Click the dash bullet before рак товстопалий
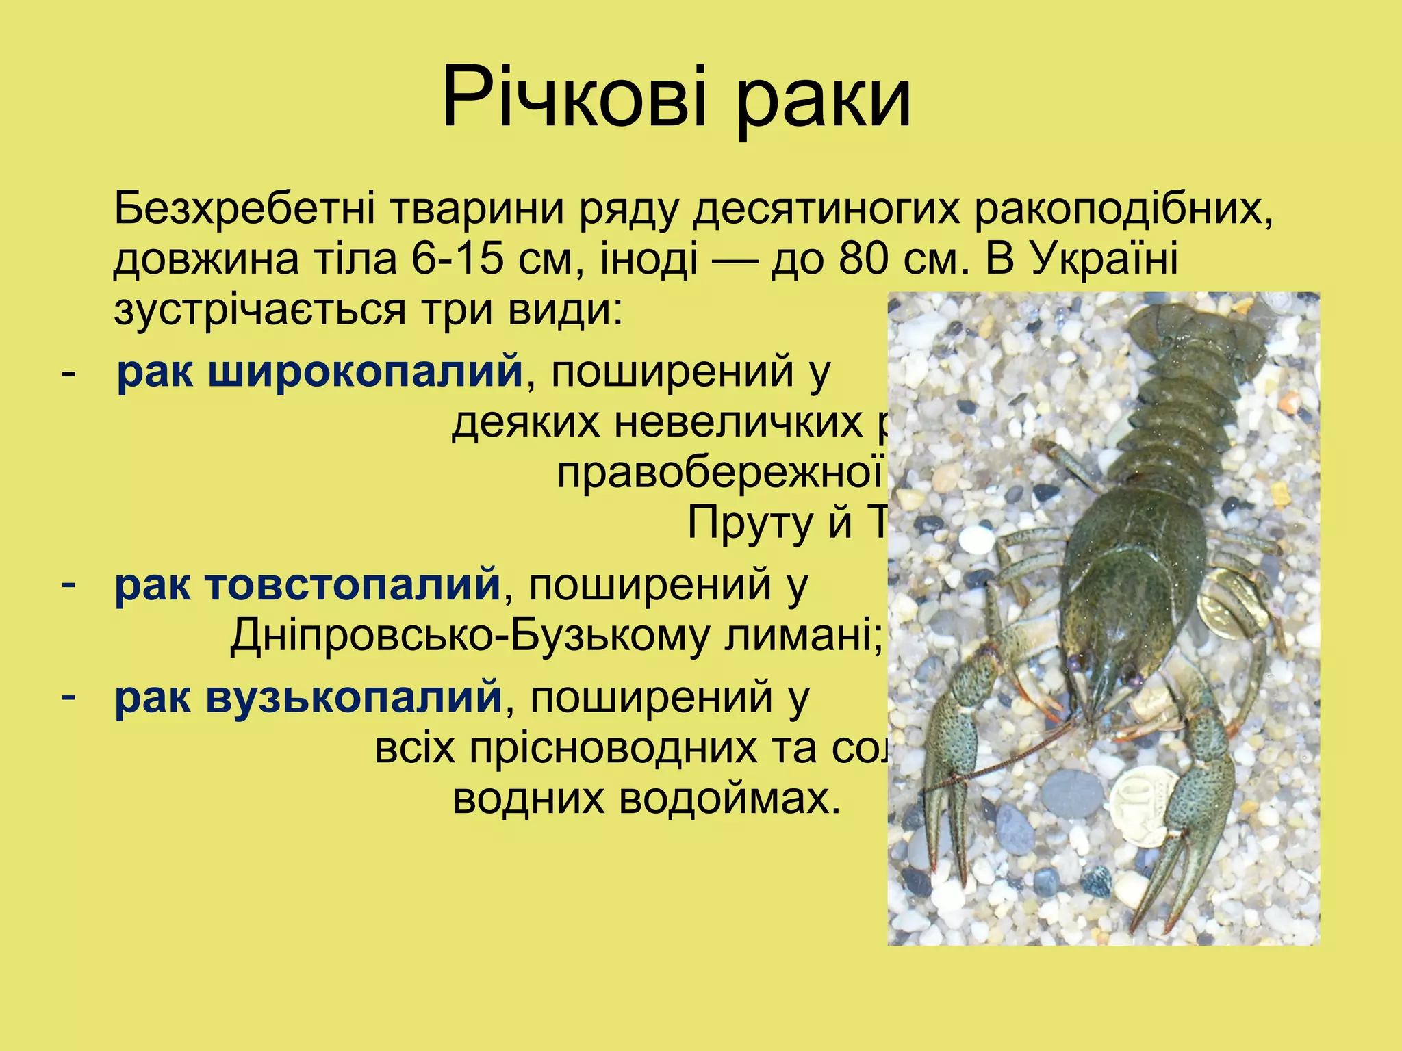(68, 586)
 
